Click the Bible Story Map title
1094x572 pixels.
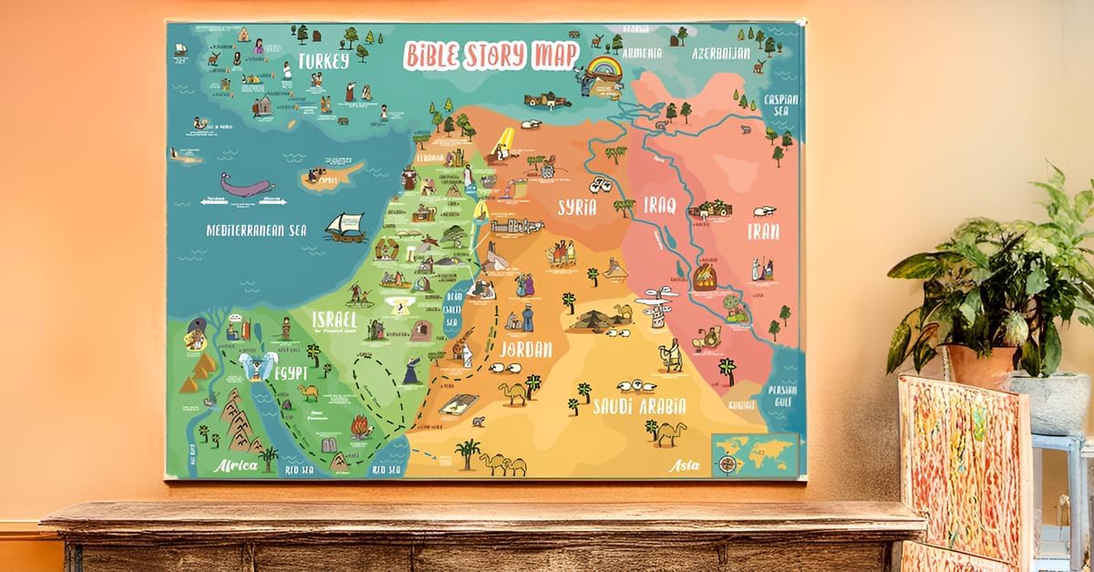tap(490, 55)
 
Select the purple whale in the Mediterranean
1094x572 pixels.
tap(245, 189)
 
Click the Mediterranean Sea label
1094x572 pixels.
tap(256, 230)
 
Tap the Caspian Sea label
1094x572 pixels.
tap(781, 105)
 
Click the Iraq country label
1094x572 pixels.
tap(659, 206)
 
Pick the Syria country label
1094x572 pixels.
tap(577, 208)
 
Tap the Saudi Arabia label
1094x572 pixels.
tap(640, 407)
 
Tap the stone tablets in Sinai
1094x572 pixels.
tap(327, 445)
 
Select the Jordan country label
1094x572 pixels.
tap(526, 349)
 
